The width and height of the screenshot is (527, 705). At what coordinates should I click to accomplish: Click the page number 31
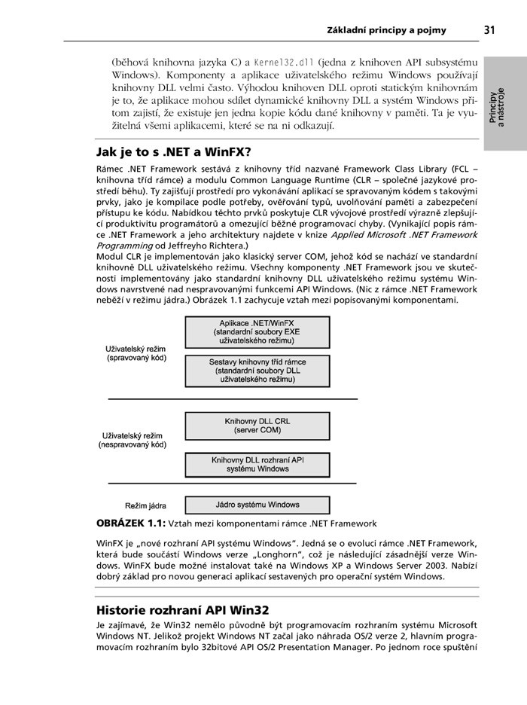489,30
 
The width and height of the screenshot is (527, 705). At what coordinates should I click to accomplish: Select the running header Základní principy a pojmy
386,31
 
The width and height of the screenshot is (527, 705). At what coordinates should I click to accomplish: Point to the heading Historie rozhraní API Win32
183,609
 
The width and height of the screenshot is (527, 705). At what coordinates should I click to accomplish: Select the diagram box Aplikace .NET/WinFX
257,331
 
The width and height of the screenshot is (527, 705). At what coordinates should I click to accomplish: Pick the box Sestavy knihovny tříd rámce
257,371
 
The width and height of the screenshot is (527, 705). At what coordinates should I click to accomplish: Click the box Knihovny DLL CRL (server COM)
257,426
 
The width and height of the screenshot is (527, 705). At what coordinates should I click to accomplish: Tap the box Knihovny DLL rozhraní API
257,463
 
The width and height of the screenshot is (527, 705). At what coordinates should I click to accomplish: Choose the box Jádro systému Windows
257,505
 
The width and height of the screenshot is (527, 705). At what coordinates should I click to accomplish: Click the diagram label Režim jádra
145,505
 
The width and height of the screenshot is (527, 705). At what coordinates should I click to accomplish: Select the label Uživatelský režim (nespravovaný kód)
133,441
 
